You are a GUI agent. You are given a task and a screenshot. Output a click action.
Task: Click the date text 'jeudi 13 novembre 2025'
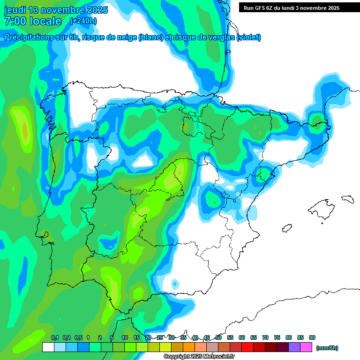coord(56,10)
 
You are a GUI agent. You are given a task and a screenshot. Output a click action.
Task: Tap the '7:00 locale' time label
coord(33,21)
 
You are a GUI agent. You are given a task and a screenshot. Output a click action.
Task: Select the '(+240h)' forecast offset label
coord(83,21)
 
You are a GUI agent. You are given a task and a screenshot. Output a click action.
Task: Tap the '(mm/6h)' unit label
coord(327,348)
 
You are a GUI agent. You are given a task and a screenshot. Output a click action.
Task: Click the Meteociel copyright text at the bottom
coord(199,357)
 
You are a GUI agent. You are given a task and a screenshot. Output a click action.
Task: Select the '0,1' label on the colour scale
coord(54,338)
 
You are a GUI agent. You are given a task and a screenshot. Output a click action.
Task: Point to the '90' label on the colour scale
coord(312,338)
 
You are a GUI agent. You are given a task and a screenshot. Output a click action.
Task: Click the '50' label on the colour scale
coord(218,338)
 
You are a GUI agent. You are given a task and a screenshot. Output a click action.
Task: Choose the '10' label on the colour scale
coord(125,338)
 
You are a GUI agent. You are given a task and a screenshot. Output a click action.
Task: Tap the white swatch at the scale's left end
coord(48,347)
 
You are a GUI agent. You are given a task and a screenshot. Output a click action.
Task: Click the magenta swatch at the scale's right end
coord(306,347)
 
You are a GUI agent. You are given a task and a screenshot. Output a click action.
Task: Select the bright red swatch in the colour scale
coord(247,347)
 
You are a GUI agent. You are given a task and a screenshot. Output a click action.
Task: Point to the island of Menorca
coord(347,199)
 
